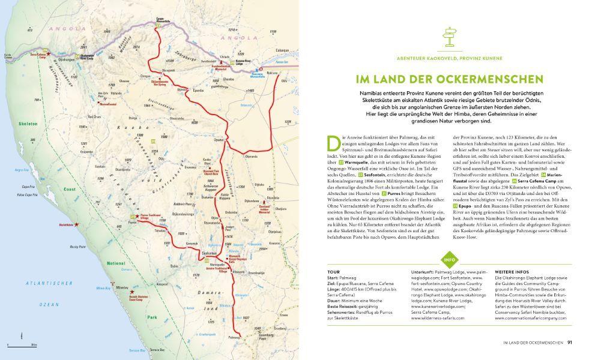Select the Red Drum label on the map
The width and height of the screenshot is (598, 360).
point(94,116)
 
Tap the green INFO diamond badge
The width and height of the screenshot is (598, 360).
point(448,260)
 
